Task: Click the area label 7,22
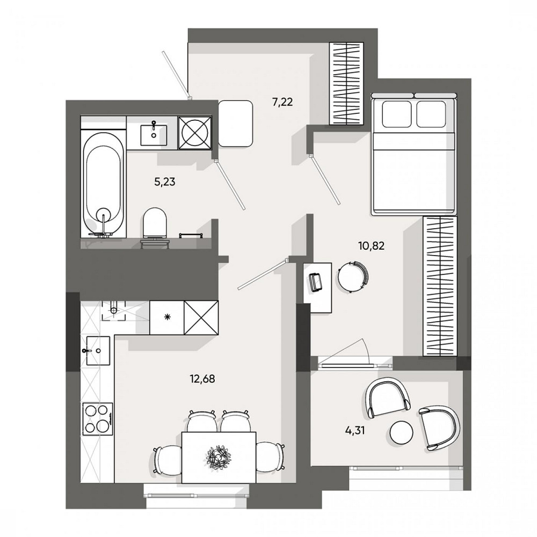tap(282, 101)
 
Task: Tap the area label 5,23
tap(165, 182)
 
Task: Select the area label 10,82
tap(372, 246)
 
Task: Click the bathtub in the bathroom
tap(104, 183)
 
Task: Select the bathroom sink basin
tap(154, 132)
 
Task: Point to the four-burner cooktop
tap(98, 419)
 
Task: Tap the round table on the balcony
tap(401, 432)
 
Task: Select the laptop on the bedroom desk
tap(315, 281)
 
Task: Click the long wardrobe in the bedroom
tap(440, 286)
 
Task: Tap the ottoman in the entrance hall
tap(236, 123)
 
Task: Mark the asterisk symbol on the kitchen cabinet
tap(167, 317)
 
